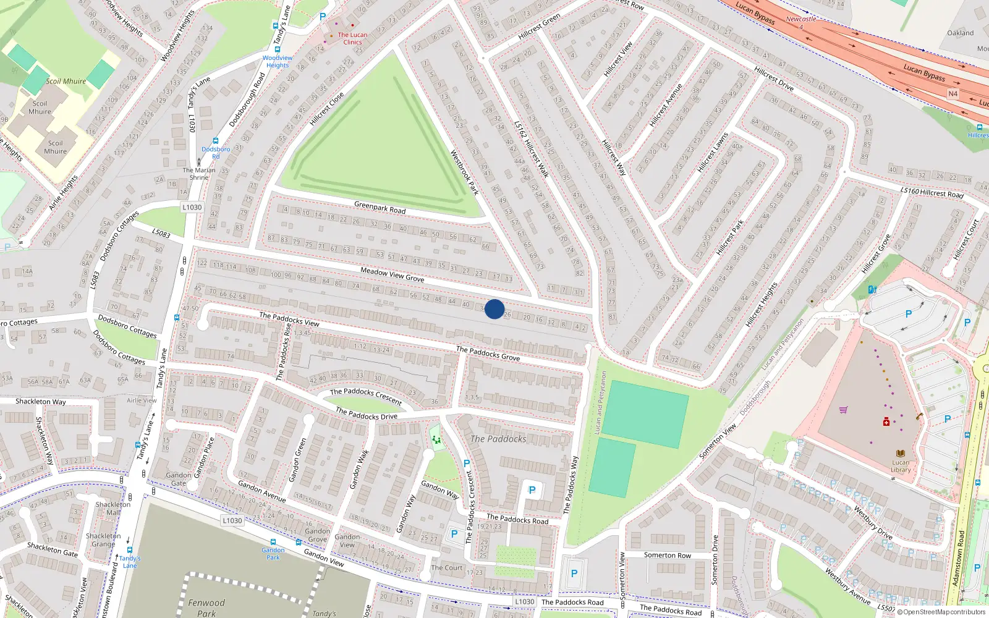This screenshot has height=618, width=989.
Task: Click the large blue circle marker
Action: point(494,309)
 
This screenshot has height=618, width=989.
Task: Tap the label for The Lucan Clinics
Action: point(352,38)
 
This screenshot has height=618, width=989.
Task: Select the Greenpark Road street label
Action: point(380,208)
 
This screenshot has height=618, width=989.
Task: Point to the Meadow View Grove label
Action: point(392,274)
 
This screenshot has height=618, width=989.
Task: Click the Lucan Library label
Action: point(901,466)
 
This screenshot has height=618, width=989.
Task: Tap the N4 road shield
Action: point(953,94)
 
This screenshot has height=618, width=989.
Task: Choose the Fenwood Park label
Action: point(206,607)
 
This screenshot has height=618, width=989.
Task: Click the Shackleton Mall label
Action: point(113,508)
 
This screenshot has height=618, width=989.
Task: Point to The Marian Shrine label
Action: point(199,174)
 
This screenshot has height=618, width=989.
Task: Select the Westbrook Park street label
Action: point(464,172)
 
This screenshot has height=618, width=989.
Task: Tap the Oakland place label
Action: point(960,33)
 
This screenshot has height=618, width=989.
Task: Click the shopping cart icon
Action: point(843,410)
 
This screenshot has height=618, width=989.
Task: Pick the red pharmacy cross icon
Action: point(886,421)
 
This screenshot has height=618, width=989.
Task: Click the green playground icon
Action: point(436,440)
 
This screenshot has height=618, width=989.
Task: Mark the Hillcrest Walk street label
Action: point(532,148)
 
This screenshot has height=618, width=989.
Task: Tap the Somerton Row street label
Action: point(667,555)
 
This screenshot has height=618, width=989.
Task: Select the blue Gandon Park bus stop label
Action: point(273,554)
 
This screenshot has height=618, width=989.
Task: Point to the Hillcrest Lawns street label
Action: point(713,153)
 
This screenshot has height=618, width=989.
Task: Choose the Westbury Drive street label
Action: point(873,523)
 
